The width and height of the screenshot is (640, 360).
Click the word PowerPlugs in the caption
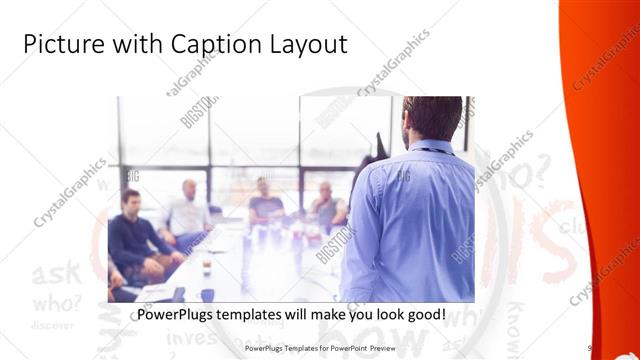(174, 314)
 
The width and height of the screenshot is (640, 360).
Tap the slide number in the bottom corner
(590, 348)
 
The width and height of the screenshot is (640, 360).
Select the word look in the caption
(378, 314)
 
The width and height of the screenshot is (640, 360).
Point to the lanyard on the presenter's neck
(432, 150)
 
